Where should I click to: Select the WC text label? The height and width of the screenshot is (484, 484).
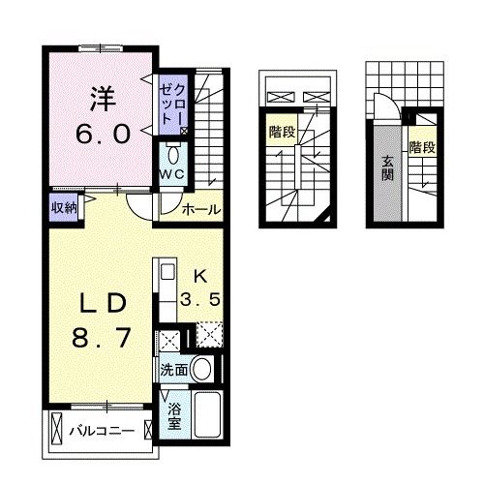click(x=173, y=172)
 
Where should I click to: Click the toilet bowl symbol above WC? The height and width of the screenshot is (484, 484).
click(x=173, y=153)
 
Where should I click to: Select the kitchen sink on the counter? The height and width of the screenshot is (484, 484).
click(x=165, y=273)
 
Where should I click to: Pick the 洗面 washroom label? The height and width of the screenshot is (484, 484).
click(x=174, y=370)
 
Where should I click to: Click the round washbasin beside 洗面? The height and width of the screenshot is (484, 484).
click(x=202, y=369)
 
